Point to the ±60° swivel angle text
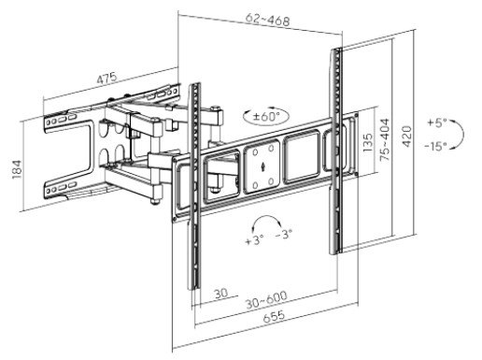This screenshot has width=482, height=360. pos(264,117)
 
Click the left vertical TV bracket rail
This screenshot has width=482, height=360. pos(195,187)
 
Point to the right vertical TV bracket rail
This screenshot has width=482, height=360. pos(333,150)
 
